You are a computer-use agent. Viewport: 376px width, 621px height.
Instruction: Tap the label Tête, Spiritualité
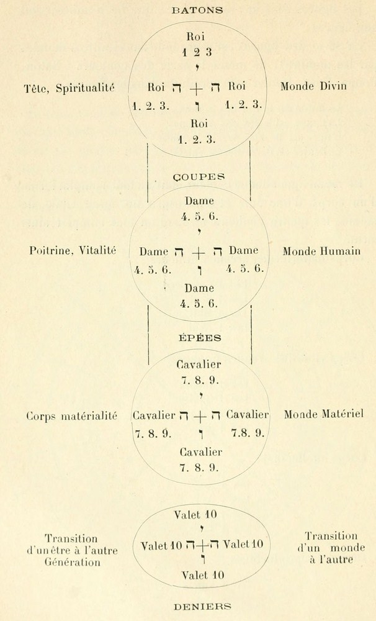(x=68, y=88)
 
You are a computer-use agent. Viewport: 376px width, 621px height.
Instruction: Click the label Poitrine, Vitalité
(x=73, y=251)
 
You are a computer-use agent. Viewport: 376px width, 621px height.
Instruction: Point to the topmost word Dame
(x=199, y=201)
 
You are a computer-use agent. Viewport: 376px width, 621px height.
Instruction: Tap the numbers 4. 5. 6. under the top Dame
(x=199, y=217)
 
